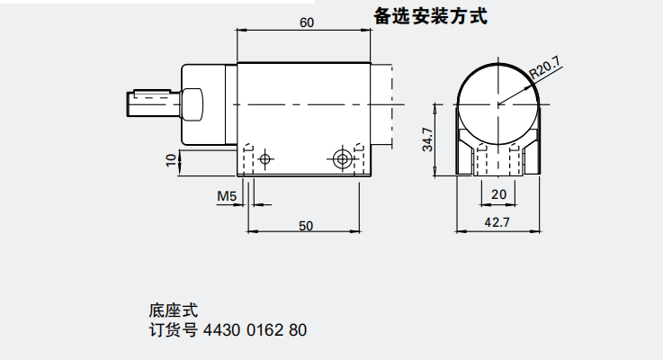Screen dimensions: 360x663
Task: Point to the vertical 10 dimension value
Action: (170, 159)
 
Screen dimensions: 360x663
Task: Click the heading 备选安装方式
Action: (430, 17)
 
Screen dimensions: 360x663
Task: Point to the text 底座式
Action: (166, 311)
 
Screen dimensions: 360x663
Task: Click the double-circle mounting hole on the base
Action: (341, 159)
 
